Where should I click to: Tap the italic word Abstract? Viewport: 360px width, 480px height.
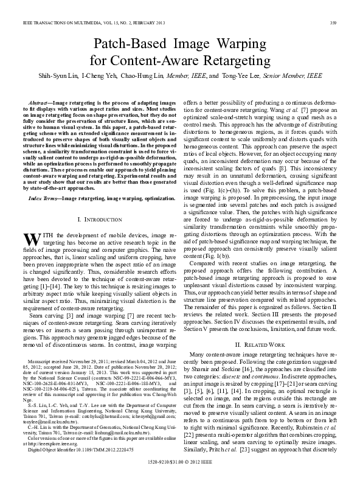tap(41, 105)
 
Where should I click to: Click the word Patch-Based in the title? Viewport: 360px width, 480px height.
tap(130, 44)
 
